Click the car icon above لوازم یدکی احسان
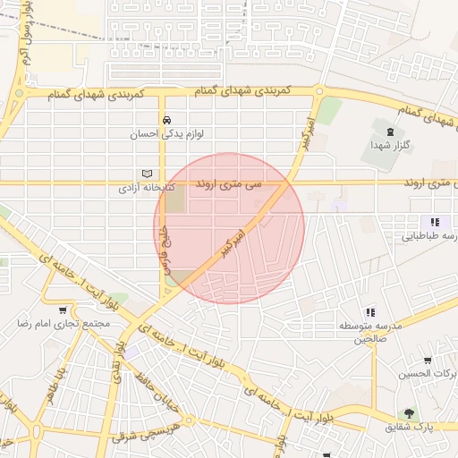[x=165, y=119]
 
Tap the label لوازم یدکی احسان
[x=166, y=134]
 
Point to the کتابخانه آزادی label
[x=147, y=190]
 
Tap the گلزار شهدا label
[x=390, y=145]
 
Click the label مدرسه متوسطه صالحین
[x=367, y=332]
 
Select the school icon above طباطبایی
[x=434, y=222]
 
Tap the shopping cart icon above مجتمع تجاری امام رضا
[x=62, y=311]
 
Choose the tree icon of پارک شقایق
[x=409, y=413]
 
